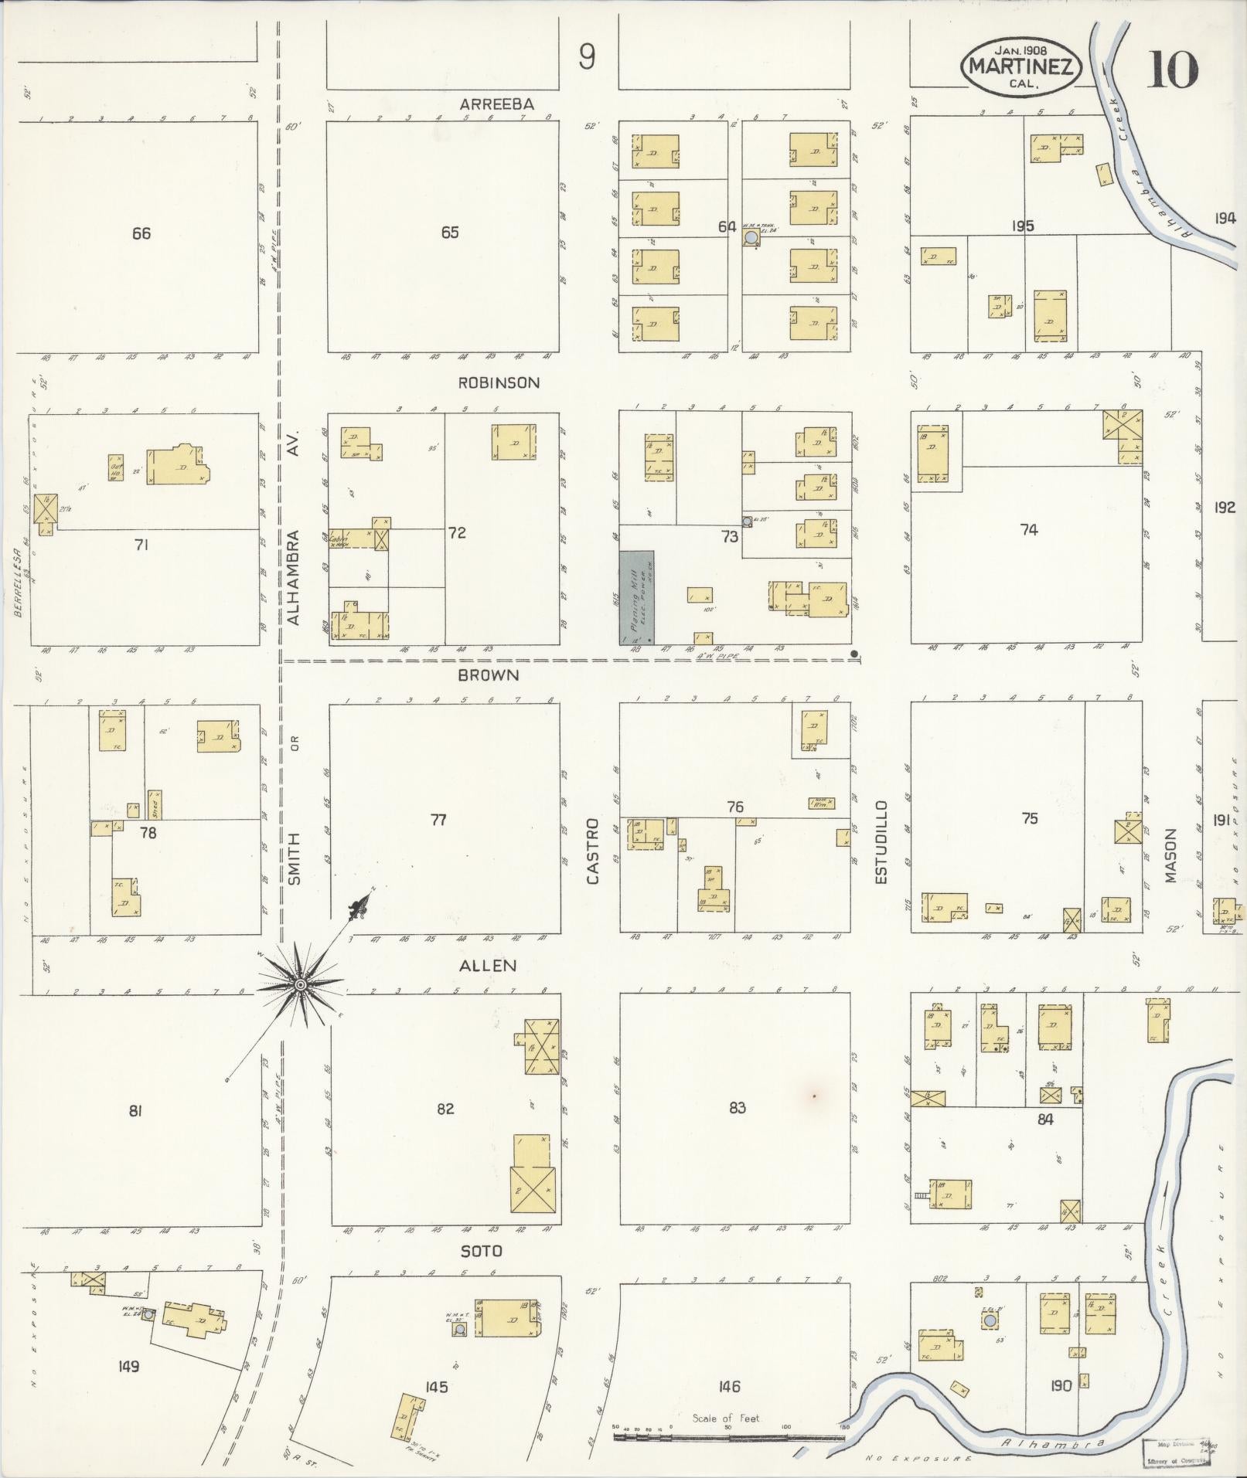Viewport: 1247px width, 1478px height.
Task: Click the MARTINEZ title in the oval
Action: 1020,66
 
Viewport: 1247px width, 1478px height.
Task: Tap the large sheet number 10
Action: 1172,70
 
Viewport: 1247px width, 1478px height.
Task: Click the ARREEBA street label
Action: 496,104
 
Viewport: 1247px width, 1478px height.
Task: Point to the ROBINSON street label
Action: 499,382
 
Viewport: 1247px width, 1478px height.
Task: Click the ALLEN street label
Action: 487,965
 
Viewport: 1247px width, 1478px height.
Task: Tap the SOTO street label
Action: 481,1250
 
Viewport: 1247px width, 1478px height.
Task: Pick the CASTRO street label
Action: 592,851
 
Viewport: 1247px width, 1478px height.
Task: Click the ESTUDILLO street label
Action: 881,841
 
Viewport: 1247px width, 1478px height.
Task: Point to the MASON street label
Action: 1170,855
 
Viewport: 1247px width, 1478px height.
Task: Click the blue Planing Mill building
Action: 636,597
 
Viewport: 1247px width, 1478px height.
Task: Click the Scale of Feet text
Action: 726,1418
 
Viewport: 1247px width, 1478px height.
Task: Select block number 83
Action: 737,1108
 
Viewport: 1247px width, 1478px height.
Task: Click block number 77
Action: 438,820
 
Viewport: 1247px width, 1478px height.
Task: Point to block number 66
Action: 141,233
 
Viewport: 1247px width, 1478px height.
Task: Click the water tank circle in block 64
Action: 750,240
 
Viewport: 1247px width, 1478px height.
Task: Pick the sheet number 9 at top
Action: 587,56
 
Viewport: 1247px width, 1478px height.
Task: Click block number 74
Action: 1028,530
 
